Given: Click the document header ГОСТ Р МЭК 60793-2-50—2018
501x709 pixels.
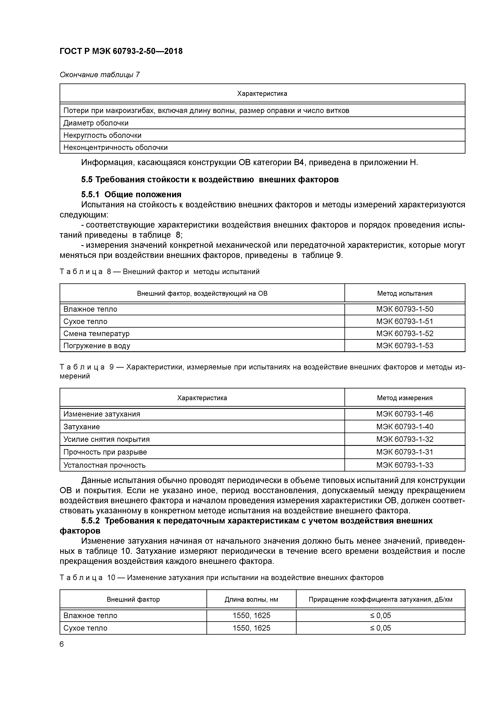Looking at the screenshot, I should point(121,51).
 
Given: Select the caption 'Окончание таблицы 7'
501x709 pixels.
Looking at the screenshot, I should point(99,75).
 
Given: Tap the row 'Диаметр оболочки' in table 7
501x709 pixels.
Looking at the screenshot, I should point(96,123).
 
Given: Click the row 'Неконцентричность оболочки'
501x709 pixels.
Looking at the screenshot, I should point(115,147).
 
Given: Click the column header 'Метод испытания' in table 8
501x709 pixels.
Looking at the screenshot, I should point(404,293).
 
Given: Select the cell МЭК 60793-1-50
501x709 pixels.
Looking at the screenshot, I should point(404,309).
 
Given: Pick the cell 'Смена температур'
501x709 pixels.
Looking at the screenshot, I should point(96,333).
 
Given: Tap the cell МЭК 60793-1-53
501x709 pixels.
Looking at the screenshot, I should point(404,346).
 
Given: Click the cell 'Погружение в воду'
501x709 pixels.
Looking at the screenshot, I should point(97,346).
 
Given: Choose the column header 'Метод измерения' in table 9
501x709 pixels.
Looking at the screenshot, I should point(404,398).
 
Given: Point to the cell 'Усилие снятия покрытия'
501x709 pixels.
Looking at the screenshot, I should point(106,439).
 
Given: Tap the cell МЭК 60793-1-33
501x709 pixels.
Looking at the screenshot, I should point(404,465).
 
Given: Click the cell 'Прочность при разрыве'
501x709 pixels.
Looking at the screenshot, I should point(105,452).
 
